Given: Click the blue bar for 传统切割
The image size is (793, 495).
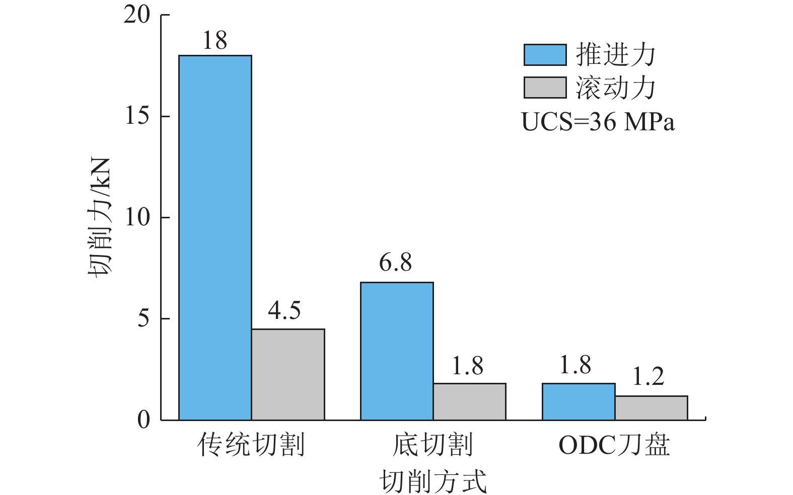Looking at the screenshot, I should click(x=215, y=237).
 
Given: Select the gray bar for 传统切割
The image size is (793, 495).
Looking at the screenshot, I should click(x=288, y=374).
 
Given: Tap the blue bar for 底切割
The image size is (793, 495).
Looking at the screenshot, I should click(x=397, y=351).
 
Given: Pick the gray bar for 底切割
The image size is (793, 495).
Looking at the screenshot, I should click(x=469, y=401).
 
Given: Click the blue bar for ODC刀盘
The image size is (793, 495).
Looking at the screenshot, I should click(x=579, y=401).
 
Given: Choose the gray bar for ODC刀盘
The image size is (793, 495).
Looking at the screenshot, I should click(x=651, y=407).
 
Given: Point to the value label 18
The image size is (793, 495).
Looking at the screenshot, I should click(x=215, y=41).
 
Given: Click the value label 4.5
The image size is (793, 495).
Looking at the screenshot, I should click(x=284, y=311).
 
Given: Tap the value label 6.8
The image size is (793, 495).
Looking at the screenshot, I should click(x=396, y=263).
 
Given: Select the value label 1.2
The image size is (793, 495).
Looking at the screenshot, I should click(x=648, y=377).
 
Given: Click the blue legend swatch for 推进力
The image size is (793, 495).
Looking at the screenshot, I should click(x=545, y=55).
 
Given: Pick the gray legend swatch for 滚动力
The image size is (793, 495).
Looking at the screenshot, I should click(x=545, y=88).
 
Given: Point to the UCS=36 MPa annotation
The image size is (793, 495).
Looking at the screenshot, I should click(x=598, y=122).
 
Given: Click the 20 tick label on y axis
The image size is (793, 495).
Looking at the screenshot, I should click(x=137, y=15).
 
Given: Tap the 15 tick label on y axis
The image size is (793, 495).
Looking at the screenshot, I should click(x=137, y=116).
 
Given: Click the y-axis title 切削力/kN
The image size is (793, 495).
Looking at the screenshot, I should click(x=100, y=217).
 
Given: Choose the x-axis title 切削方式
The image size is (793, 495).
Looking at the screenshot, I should click(x=433, y=481).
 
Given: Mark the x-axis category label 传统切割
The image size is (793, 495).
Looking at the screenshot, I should click(x=251, y=445).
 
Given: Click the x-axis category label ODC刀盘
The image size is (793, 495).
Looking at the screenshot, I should click(x=614, y=445).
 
